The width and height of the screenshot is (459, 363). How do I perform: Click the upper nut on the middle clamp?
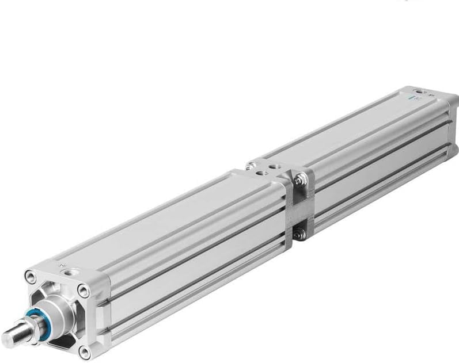[298, 181]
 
